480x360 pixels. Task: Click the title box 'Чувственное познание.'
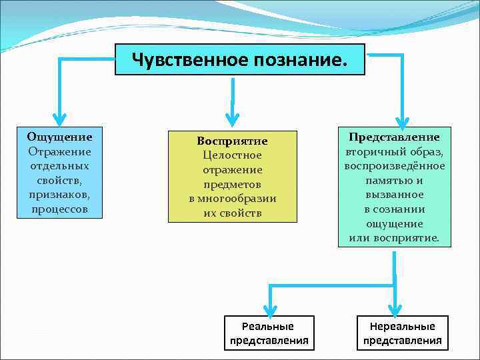pos(240,60)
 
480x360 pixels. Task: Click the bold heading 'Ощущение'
pos(60,137)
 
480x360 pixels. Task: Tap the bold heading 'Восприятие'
pos(232,141)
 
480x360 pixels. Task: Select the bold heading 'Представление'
pos(395,137)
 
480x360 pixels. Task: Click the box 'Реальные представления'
pos(269,333)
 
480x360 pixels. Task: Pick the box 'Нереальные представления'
pos(403,333)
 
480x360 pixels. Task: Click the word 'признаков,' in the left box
pos(59,195)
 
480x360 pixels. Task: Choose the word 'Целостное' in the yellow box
pos(232,155)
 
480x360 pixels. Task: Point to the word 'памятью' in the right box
pos(386,180)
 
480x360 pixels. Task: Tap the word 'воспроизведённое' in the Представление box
pos(395,165)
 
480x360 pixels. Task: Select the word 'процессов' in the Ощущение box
pos(59,209)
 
